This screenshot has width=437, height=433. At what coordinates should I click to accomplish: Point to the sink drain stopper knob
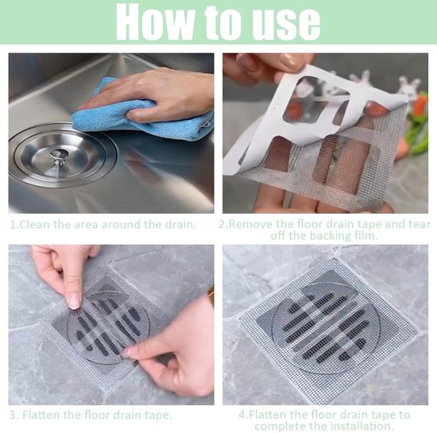click(58, 156)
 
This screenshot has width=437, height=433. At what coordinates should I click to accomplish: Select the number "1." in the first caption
click(14, 224)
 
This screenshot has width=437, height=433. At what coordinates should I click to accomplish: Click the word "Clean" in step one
click(35, 224)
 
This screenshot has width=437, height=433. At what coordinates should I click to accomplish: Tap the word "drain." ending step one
click(178, 224)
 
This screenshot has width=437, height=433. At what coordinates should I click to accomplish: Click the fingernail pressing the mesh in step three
click(74, 301)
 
